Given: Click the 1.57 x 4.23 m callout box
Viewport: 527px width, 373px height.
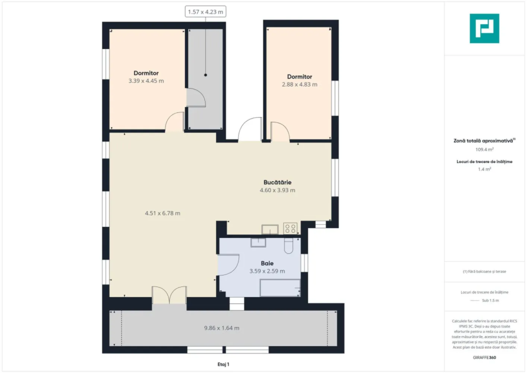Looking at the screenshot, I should click(x=205, y=12).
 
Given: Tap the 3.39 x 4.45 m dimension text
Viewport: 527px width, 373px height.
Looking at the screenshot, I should click(x=146, y=81).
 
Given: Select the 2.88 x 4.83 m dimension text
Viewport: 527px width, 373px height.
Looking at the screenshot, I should click(x=299, y=85).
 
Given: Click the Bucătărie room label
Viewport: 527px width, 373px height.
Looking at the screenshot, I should click(x=277, y=182).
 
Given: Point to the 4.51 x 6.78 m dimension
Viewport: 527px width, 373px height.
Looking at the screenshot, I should click(x=162, y=213).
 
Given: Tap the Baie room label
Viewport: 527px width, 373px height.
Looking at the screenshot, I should click(x=267, y=263).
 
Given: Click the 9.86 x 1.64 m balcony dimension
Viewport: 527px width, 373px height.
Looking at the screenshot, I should click(x=222, y=328).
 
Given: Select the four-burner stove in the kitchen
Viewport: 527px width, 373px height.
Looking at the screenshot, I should click(x=290, y=228).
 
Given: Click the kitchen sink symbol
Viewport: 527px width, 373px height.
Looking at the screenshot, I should click(x=270, y=229).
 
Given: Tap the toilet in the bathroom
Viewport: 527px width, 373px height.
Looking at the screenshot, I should click(x=289, y=246).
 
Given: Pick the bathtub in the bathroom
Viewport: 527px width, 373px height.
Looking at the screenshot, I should click(x=280, y=288).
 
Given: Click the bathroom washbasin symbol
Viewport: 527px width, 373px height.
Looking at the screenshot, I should click(x=258, y=242).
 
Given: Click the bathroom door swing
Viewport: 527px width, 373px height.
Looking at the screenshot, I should click(x=228, y=265).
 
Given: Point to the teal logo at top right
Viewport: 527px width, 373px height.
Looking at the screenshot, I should click(x=484, y=28).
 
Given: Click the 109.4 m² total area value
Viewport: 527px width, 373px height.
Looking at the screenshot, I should click(x=484, y=150).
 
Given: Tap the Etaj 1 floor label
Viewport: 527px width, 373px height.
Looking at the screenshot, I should click(x=223, y=364).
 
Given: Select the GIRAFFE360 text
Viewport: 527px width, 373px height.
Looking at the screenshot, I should click(x=484, y=357).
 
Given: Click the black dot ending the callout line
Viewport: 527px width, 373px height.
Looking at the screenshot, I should click(x=205, y=75).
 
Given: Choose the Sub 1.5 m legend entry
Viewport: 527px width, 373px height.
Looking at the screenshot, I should click(x=490, y=301).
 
